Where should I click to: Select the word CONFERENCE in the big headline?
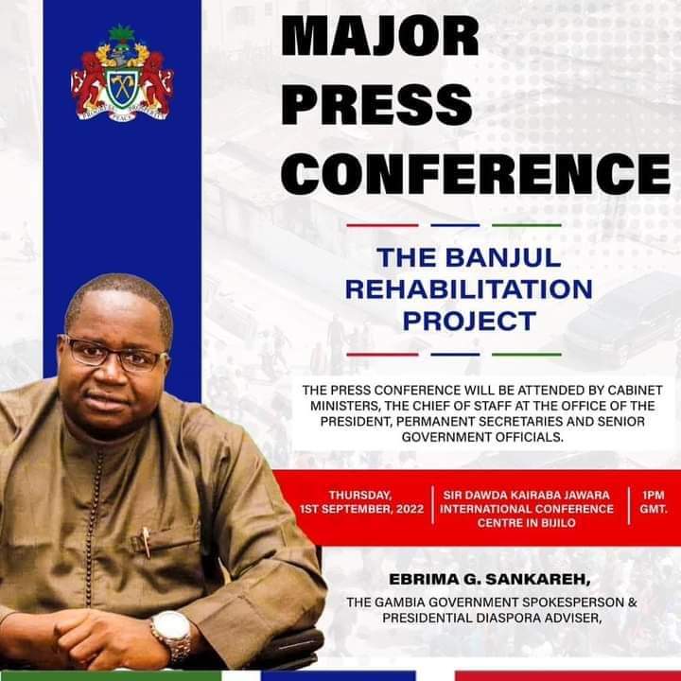point(477,173)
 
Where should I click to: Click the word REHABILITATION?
point(468,288)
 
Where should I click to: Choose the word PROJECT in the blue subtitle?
point(468,321)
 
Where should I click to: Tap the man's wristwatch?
point(171,633)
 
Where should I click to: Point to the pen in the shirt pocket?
point(147,541)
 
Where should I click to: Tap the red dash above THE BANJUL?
point(382,225)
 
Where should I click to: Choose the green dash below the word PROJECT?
point(526,354)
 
